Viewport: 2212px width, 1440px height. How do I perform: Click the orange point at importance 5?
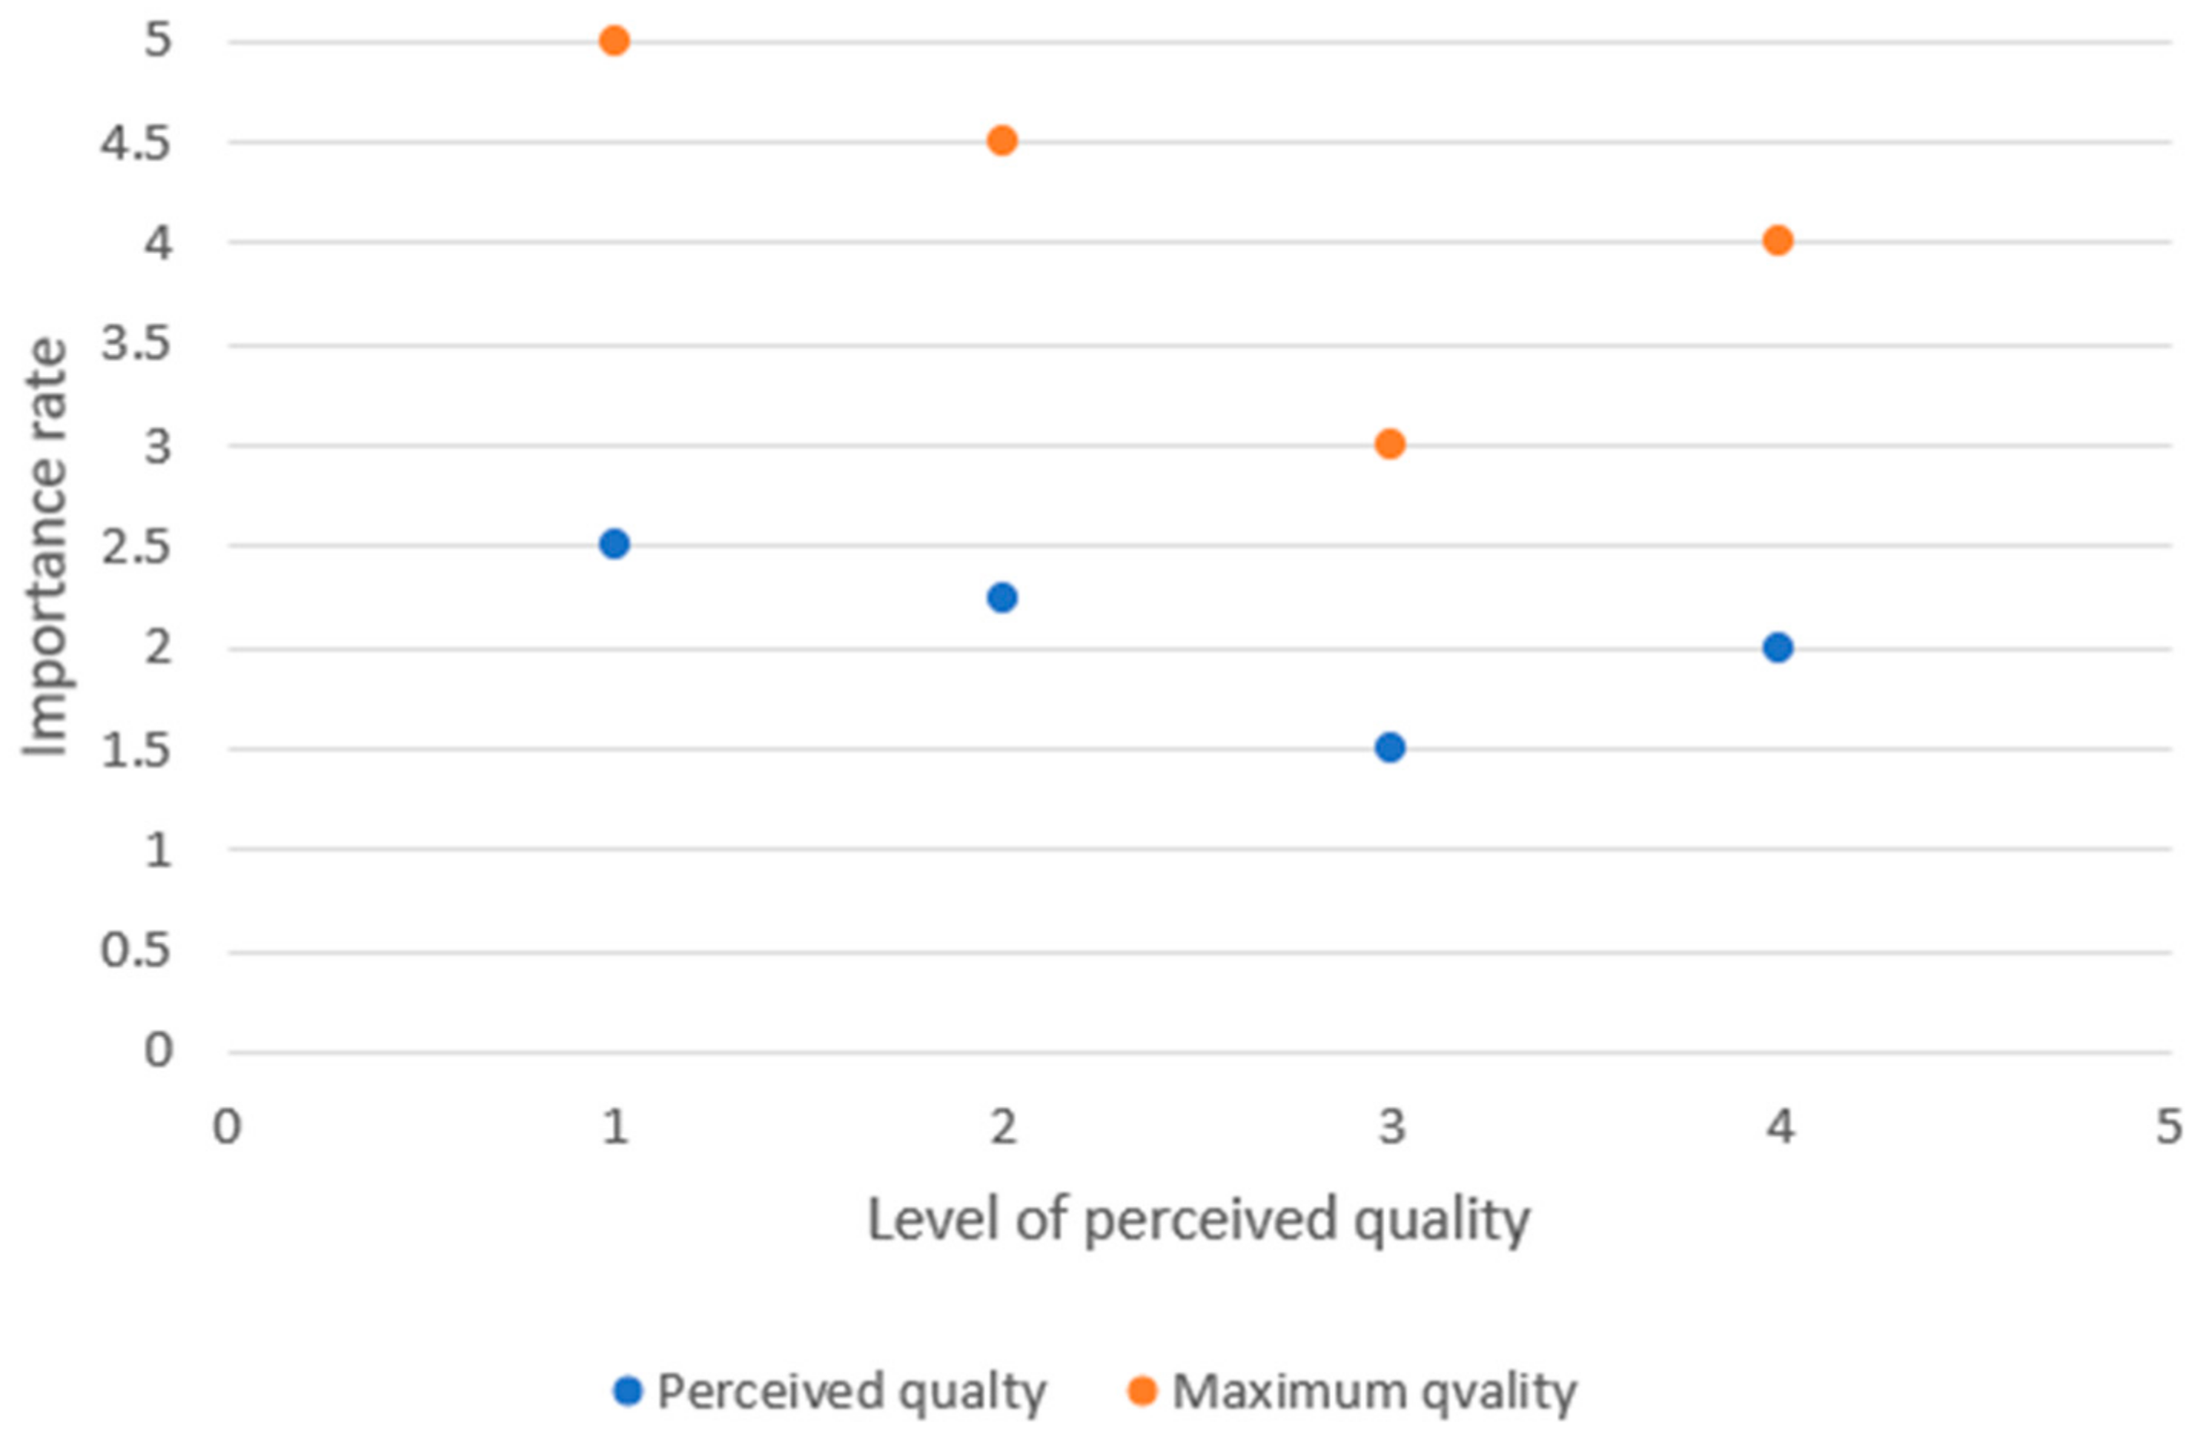click(x=614, y=41)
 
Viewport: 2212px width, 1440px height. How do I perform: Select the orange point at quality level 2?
click(x=1002, y=141)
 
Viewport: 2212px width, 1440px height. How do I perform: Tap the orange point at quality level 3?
click(x=1389, y=444)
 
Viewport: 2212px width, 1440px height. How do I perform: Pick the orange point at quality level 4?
click(x=1778, y=242)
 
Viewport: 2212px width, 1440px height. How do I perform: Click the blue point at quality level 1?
click(x=614, y=544)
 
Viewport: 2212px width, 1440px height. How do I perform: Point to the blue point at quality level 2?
click(x=1002, y=597)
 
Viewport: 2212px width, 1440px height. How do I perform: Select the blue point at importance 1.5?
click(x=1389, y=747)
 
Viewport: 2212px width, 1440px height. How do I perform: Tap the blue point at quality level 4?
click(x=1778, y=648)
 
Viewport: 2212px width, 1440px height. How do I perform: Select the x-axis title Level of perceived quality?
click(x=1198, y=1220)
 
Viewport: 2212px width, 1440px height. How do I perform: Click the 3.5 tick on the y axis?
click(x=136, y=345)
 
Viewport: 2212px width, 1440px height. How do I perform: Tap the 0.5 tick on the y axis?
click(x=136, y=950)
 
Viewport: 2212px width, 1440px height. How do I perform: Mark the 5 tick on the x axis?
click(x=2168, y=1128)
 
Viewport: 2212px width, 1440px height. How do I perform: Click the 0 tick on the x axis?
click(x=227, y=1128)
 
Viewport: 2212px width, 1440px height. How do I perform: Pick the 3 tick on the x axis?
click(x=1391, y=1128)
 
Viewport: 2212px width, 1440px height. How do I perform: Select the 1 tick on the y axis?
click(x=158, y=850)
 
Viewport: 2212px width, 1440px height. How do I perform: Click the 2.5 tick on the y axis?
click(x=136, y=547)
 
